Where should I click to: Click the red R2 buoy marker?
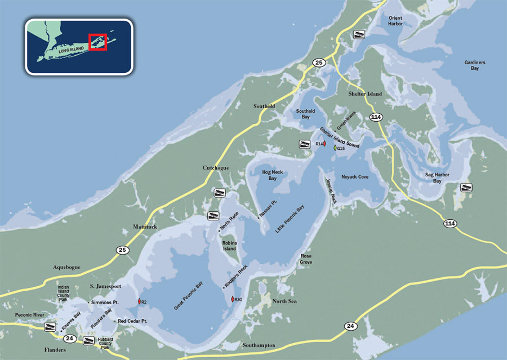138,302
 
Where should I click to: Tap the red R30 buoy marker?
232,299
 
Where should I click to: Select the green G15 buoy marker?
335,148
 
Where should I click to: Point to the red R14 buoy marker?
325,144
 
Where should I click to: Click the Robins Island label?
229,245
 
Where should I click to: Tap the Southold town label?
264,105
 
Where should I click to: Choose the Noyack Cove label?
355,177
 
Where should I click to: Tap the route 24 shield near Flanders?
69,339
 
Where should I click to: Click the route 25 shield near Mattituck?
122,249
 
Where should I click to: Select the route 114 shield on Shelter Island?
376,117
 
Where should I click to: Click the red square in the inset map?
98,42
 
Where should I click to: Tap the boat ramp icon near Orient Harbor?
358,35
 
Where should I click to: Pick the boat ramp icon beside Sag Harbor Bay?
466,188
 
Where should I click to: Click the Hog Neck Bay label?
269,175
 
